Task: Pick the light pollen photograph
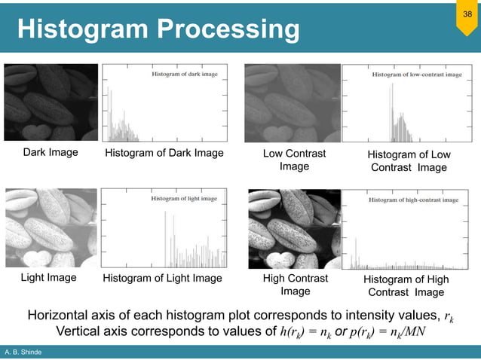tap(51, 227)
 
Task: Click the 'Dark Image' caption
tap(51, 153)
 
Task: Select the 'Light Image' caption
tap(48, 278)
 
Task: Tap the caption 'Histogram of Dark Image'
tap(164, 153)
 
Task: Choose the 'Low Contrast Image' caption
tap(294, 160)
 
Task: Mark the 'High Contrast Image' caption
tap(294, 285)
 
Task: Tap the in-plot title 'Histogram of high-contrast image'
tap(413, 200)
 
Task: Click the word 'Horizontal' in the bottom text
tap(63, 315)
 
